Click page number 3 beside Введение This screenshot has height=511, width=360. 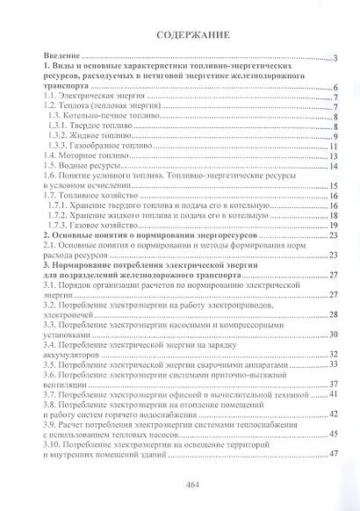click(x=335, y=59)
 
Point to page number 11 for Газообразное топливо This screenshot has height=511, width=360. click(x=334, y=146)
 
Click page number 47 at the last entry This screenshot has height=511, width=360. click(x=334, y=452)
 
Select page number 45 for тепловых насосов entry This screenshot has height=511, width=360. click(x=334, y=433)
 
